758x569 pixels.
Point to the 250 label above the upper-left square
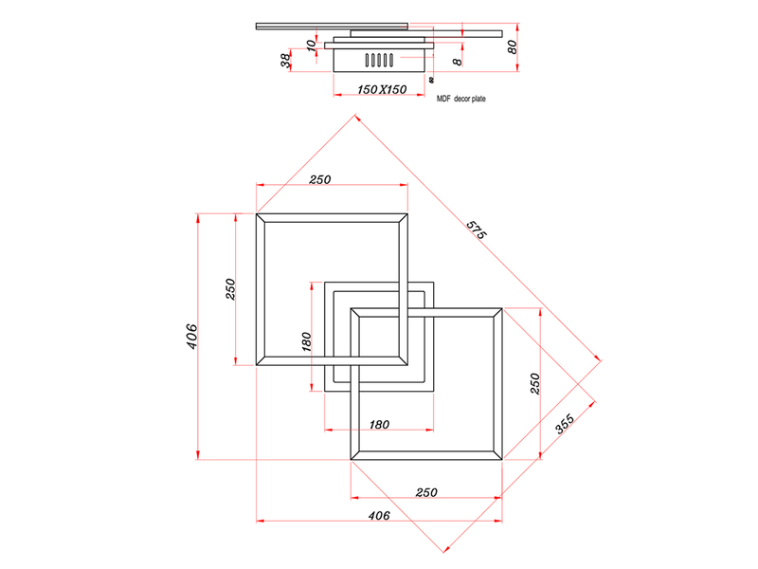tap(319, 180)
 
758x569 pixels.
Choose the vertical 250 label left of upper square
tap(229, 289)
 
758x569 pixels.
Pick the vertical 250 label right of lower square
tap(534, 383)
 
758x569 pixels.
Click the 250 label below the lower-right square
tap(426, 492)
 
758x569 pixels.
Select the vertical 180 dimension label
tap(306, 341)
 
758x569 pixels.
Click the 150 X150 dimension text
tap(382, 89)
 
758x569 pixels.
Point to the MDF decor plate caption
tap(460, 99)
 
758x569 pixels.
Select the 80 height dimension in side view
tap(512, 46)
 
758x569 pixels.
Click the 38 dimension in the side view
tap(285, 60)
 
